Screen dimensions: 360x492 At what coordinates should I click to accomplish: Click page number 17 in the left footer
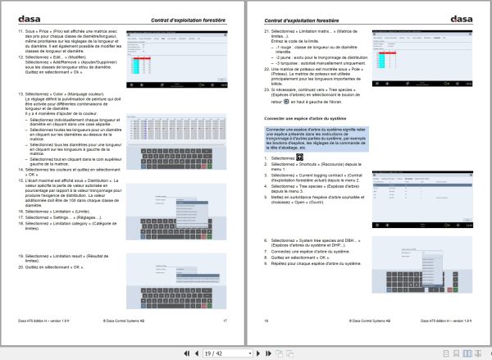click(x=225, y=321)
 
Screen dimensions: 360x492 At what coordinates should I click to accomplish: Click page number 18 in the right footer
click(x=265, y=321)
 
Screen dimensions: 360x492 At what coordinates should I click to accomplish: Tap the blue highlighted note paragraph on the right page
click(x=315, y=139)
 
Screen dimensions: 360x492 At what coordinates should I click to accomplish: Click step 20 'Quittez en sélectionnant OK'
click(x=54, y=267)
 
